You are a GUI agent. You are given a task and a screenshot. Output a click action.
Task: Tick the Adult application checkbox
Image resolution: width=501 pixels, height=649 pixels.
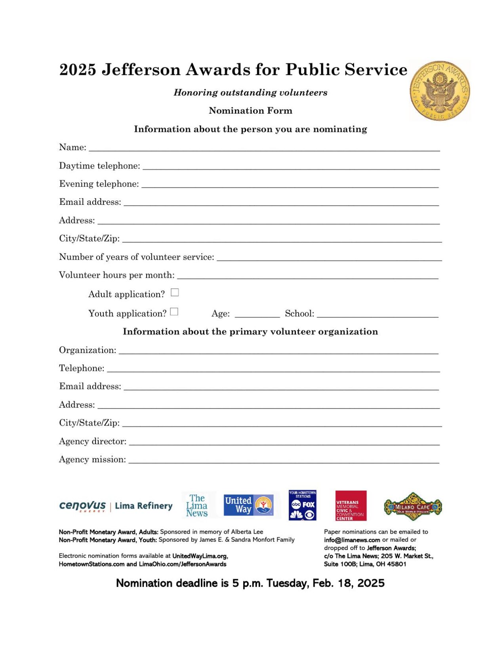pos(175,292)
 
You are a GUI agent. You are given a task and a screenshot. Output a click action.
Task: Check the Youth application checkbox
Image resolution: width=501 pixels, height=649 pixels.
pos(174,312)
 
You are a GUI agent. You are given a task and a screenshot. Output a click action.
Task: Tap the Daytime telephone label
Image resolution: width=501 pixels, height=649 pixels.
pos(99,166)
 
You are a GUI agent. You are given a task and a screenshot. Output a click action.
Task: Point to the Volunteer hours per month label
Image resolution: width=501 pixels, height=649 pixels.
pos(116,275)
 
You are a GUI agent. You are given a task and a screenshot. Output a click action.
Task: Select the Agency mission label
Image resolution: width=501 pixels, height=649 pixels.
pos(92,460)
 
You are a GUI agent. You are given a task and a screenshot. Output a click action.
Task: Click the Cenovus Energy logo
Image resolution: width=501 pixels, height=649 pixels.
pos(82,506)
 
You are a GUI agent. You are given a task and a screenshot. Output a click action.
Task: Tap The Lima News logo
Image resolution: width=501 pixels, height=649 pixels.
pos(197,505)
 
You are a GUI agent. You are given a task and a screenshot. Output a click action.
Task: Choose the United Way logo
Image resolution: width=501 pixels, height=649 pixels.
pos(248,505)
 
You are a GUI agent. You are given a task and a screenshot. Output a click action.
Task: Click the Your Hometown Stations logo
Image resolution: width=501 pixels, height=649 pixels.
pos(302,505)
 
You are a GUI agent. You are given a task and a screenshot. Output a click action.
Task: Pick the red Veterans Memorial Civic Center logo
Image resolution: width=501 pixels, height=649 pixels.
pos(351,506)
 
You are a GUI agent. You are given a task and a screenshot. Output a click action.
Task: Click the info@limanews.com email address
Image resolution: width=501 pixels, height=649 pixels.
pos(352,540)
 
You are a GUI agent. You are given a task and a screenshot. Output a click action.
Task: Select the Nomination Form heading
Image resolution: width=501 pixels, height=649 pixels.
pos(250,111)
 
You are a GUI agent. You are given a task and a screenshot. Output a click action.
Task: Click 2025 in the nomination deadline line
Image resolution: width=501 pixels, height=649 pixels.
pos(371,583)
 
